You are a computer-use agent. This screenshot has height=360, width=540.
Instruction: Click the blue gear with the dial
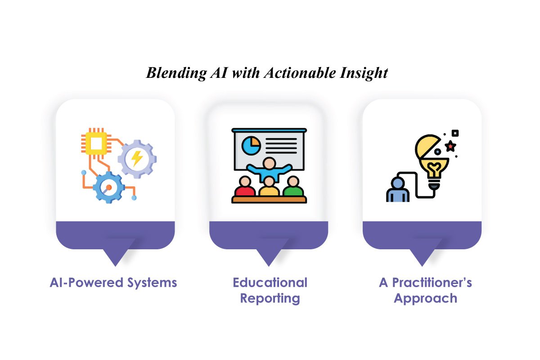pos(108,187)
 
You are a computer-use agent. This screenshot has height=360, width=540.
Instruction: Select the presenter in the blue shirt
pos(269,169)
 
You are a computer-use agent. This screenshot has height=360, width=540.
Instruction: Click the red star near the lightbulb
pos(449,146)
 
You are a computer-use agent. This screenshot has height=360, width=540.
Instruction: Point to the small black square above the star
pos(455,133)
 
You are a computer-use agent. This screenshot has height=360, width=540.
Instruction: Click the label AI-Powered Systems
pos(113,283)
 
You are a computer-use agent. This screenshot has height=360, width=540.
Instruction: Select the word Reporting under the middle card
pos(270,298)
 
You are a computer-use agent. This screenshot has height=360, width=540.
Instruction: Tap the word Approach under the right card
pos(425,298)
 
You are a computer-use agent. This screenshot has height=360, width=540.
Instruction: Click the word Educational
pos(270,283)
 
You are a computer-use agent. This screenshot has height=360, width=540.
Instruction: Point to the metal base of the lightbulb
pos(433,184)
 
